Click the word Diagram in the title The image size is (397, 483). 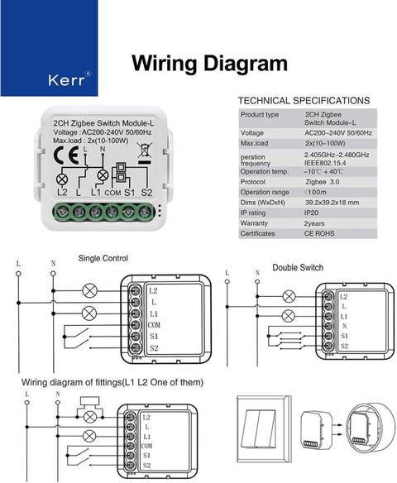tap(246, 64)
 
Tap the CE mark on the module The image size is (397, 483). tap(65, 155)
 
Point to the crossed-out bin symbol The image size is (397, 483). tap(145, 151)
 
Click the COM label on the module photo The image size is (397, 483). tap(112, 194)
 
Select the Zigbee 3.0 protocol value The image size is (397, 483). tap(323, 182)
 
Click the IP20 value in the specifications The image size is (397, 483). tap(311, 213)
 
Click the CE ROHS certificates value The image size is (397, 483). tap(319, 233)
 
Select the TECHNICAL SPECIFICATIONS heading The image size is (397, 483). tap(304, 101)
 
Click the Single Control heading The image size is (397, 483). tap(103, 258)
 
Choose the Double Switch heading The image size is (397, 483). tap(298, 267)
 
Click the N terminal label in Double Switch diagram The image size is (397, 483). tap(344, 326)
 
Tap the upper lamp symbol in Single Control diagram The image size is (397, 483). tap(89, 290)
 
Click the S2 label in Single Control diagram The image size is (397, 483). tap(154, 348)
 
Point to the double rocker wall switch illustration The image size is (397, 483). tap(264, 428)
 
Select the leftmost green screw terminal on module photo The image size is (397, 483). tap(63, 212)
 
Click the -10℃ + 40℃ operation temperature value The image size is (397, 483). tap(323, 171)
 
